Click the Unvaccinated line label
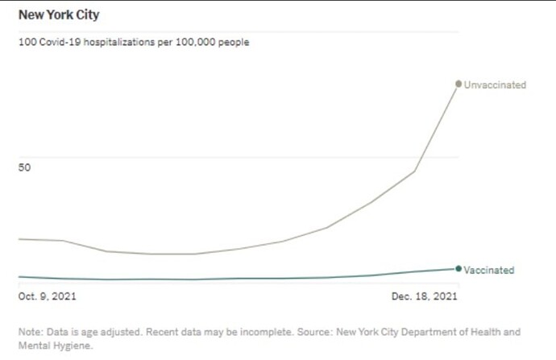(x=495, y=85)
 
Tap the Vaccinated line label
(x=489, y=270)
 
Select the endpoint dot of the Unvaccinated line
(x=458, y=84)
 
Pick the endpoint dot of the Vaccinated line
(x=458, y=269)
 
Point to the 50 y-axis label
(x=24, y=168)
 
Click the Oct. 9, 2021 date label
(x=48, y=296)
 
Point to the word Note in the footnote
(x=29, y=332)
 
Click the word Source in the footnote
(x=311, y=332)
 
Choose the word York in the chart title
(x=56, y=15)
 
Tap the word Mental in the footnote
(x=35, y=346)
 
